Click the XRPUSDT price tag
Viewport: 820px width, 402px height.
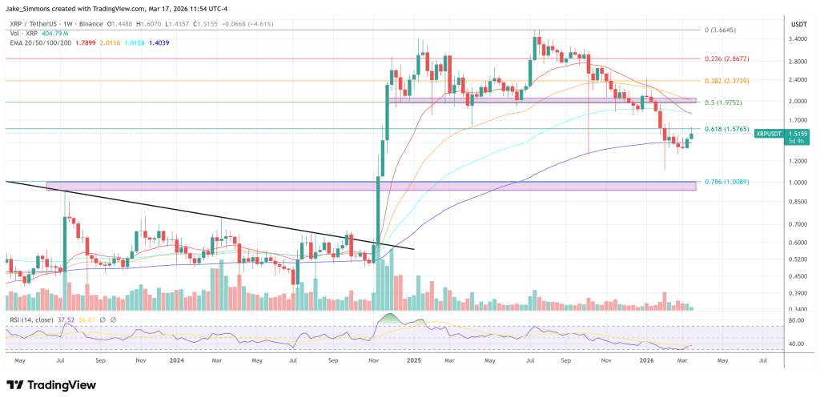coord(770,134)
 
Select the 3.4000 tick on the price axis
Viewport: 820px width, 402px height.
coord(797,38)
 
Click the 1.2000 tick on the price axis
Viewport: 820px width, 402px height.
coord(797,161)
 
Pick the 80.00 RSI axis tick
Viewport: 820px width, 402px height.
coord(796,321)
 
